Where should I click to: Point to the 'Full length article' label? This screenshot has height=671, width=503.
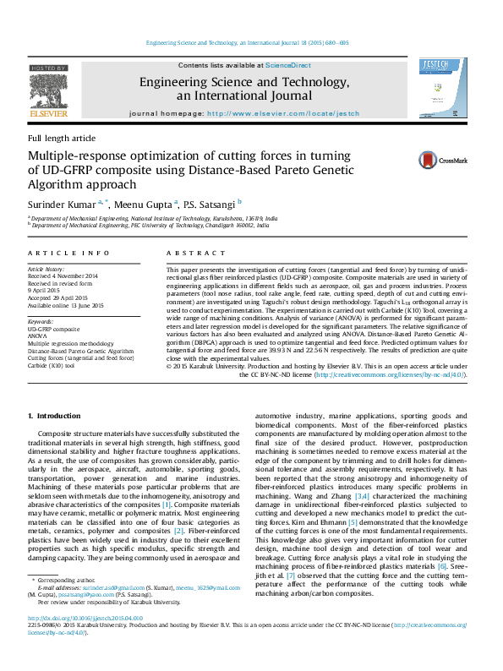pyautogui.click(x=62, y=138)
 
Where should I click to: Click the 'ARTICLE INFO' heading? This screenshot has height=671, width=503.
pyautogui.click(x=68, y=253)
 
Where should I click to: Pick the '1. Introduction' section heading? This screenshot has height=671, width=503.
pyautogui.click(x=55, y=416)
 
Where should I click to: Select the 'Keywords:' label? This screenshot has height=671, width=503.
pyautogui.click(x=41, y=322)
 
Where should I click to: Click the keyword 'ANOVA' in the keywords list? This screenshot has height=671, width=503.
pyautogui.click(x=40, y=336)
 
